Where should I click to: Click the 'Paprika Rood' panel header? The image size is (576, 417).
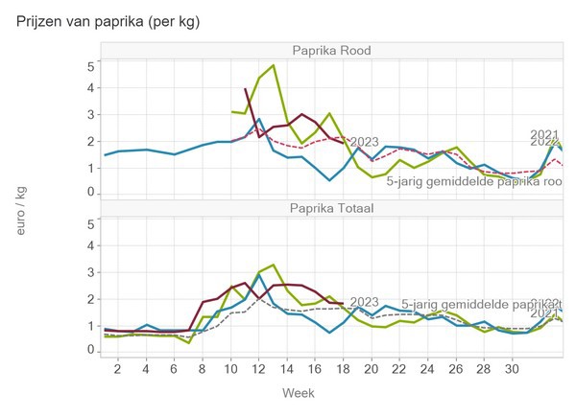click(332, 51)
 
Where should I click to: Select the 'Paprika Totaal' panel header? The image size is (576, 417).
click(332, 208)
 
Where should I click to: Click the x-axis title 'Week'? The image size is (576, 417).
click(298, 393)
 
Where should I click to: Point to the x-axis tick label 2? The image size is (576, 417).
click(118, 369)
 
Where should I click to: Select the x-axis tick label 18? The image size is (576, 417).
click(343, 369)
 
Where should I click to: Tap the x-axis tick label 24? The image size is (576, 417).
click(427, 369)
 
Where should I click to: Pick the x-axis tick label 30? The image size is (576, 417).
click(512, 369)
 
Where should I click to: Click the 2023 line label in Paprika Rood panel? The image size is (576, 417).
click(364, 142)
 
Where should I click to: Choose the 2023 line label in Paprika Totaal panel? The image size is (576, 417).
click(364, 302)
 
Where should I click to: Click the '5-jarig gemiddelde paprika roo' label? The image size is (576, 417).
click(474, 180)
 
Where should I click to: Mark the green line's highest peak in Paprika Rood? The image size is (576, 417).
click(274, 65)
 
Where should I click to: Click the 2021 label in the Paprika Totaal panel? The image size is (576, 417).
click(546, 313)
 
